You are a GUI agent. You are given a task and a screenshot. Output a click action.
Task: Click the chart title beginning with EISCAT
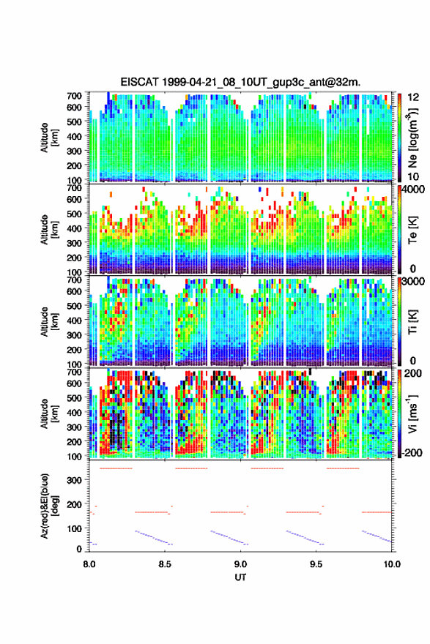(x=240, y=82)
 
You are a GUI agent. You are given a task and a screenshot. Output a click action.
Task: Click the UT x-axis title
(x=240, y=577)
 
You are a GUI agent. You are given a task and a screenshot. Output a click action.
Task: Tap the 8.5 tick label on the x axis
(x=165, y=564)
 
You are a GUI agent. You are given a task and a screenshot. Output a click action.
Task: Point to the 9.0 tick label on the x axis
(x=240, y=564)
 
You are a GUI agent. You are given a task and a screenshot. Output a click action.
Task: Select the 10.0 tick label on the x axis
(x=391, y=564)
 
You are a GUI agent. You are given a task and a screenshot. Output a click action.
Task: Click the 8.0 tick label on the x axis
(x=89, y=564)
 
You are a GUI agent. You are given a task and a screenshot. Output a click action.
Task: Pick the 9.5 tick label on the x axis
(x=316, y=564)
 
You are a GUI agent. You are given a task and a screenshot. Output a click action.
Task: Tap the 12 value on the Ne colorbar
(x=413, y=97)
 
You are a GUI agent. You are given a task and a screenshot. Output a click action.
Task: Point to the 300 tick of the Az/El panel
(x=75, y=480)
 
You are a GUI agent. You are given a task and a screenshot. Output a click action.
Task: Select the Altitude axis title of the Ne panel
(x=50, y=137)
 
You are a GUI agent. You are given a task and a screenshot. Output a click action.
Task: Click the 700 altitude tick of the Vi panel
(x=74, y=372)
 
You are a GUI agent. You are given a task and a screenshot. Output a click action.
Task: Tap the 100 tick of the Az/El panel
(x=75, y=528)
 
